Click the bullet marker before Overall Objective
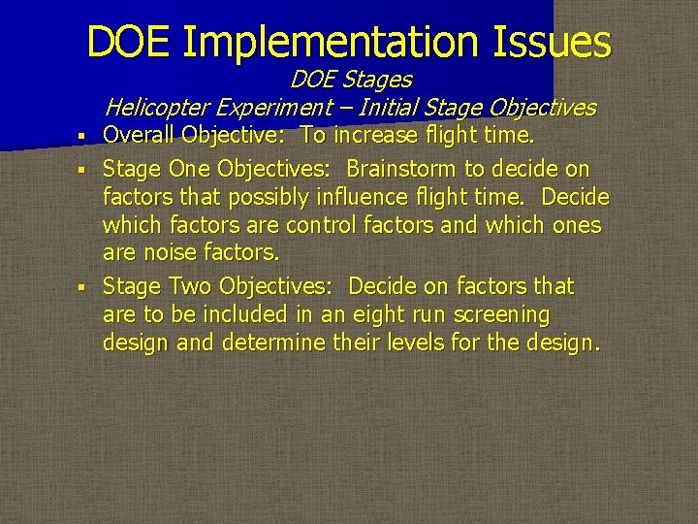point(86,135)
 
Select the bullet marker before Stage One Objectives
point(86,170)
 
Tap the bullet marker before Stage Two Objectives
point(86,287)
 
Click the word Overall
point(142,134)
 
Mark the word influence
point(362,197)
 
